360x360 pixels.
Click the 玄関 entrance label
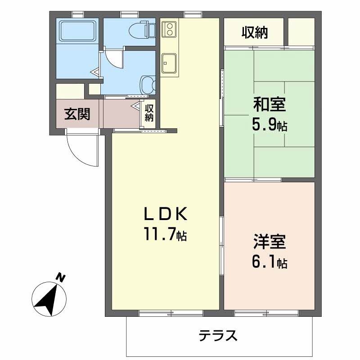click(x=77, y=114)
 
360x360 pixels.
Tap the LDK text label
click(x=165, y=214)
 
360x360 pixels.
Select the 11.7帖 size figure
click(x=165, y=234)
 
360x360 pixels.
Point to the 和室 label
click(x=269, y=105)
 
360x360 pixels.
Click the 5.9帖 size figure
click(x=269, y=125)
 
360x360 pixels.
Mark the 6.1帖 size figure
click(x=269, y=262)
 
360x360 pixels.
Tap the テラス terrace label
click(x=218, y=335)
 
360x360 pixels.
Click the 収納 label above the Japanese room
click(x=255, y=32)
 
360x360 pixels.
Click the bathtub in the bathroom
click(x=78, y=31)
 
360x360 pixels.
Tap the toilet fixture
click(x=141, y=31)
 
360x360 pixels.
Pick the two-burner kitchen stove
click(x=170, y=28)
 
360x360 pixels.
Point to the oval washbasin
click(x=148, y=84)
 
